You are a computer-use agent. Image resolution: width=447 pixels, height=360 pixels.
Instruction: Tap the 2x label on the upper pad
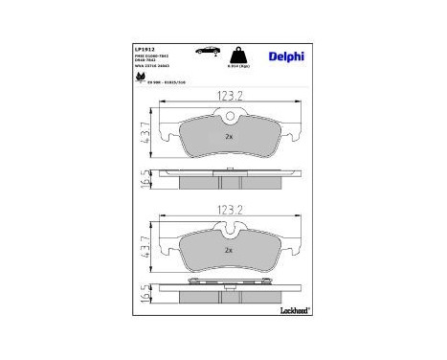coord(229,138)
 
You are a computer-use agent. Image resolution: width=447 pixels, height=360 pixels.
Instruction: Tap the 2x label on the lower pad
coord(229,250)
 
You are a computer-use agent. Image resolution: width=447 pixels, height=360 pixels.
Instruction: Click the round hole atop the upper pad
coord(229,118)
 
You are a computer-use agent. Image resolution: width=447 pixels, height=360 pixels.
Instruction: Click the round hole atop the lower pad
coord(229,229)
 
